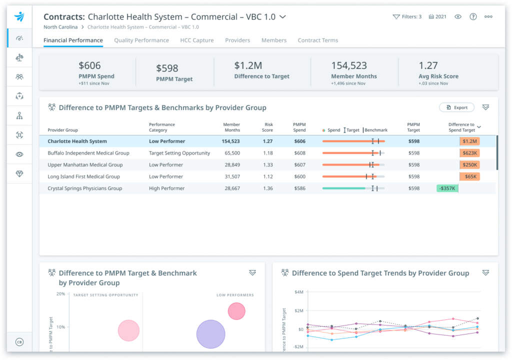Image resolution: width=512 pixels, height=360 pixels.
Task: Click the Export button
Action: point(457,107)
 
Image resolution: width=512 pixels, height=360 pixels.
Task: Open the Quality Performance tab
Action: point(141,40)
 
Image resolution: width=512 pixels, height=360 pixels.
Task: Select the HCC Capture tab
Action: point(196,40)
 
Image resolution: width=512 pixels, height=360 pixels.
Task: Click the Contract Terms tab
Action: point(318,40)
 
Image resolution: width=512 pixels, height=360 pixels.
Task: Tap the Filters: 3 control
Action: point(407,16)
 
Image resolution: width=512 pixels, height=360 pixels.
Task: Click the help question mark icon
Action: point(473,16)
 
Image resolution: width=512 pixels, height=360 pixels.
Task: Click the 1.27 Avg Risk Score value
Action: point(428,65)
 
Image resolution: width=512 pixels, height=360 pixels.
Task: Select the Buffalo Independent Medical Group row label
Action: point(88,153)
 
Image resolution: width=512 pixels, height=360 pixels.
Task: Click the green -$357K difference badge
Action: point(447,188)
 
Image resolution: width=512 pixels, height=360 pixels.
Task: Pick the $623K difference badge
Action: point(469,153)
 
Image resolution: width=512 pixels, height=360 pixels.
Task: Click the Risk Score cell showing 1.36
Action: point(267,188)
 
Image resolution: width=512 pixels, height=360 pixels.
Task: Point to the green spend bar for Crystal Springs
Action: point(343,188)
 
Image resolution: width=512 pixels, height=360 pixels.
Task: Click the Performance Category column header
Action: point(162,127)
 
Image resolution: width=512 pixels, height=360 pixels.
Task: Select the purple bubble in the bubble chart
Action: point(210,334)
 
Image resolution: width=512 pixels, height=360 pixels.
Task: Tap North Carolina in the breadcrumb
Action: point(60,27)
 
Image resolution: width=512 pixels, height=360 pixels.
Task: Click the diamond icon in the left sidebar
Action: point(19,173)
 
